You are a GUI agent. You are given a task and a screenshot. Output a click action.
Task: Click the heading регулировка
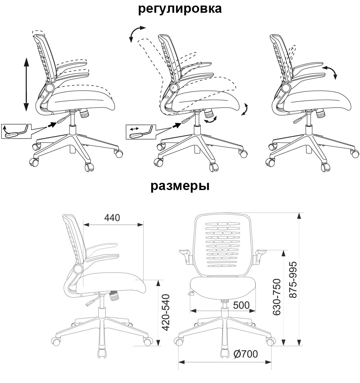pos(180,9)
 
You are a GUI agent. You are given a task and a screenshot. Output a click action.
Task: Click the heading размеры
pos(180,186)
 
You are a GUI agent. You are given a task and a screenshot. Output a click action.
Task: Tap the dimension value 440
pos(112,218)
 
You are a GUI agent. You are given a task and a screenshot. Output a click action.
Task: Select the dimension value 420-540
pos(166,313)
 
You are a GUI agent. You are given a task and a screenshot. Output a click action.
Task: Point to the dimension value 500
pos(241,305)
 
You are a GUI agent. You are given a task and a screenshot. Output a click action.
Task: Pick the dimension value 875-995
pos(293,280)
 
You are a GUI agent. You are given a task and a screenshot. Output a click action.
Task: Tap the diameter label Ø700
pos(245,354)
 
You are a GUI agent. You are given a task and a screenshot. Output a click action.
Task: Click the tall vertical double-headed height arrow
pos(26,84)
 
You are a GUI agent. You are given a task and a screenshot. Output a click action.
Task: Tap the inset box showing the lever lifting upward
pos(16,131)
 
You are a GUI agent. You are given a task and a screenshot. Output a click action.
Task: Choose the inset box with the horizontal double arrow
pos(141,132)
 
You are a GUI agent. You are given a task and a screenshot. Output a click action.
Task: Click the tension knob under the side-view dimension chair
pos(114,296)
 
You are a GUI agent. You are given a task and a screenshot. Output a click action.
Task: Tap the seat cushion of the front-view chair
pos(223,288)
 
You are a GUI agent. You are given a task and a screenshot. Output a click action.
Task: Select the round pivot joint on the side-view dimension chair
pos(78,270)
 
